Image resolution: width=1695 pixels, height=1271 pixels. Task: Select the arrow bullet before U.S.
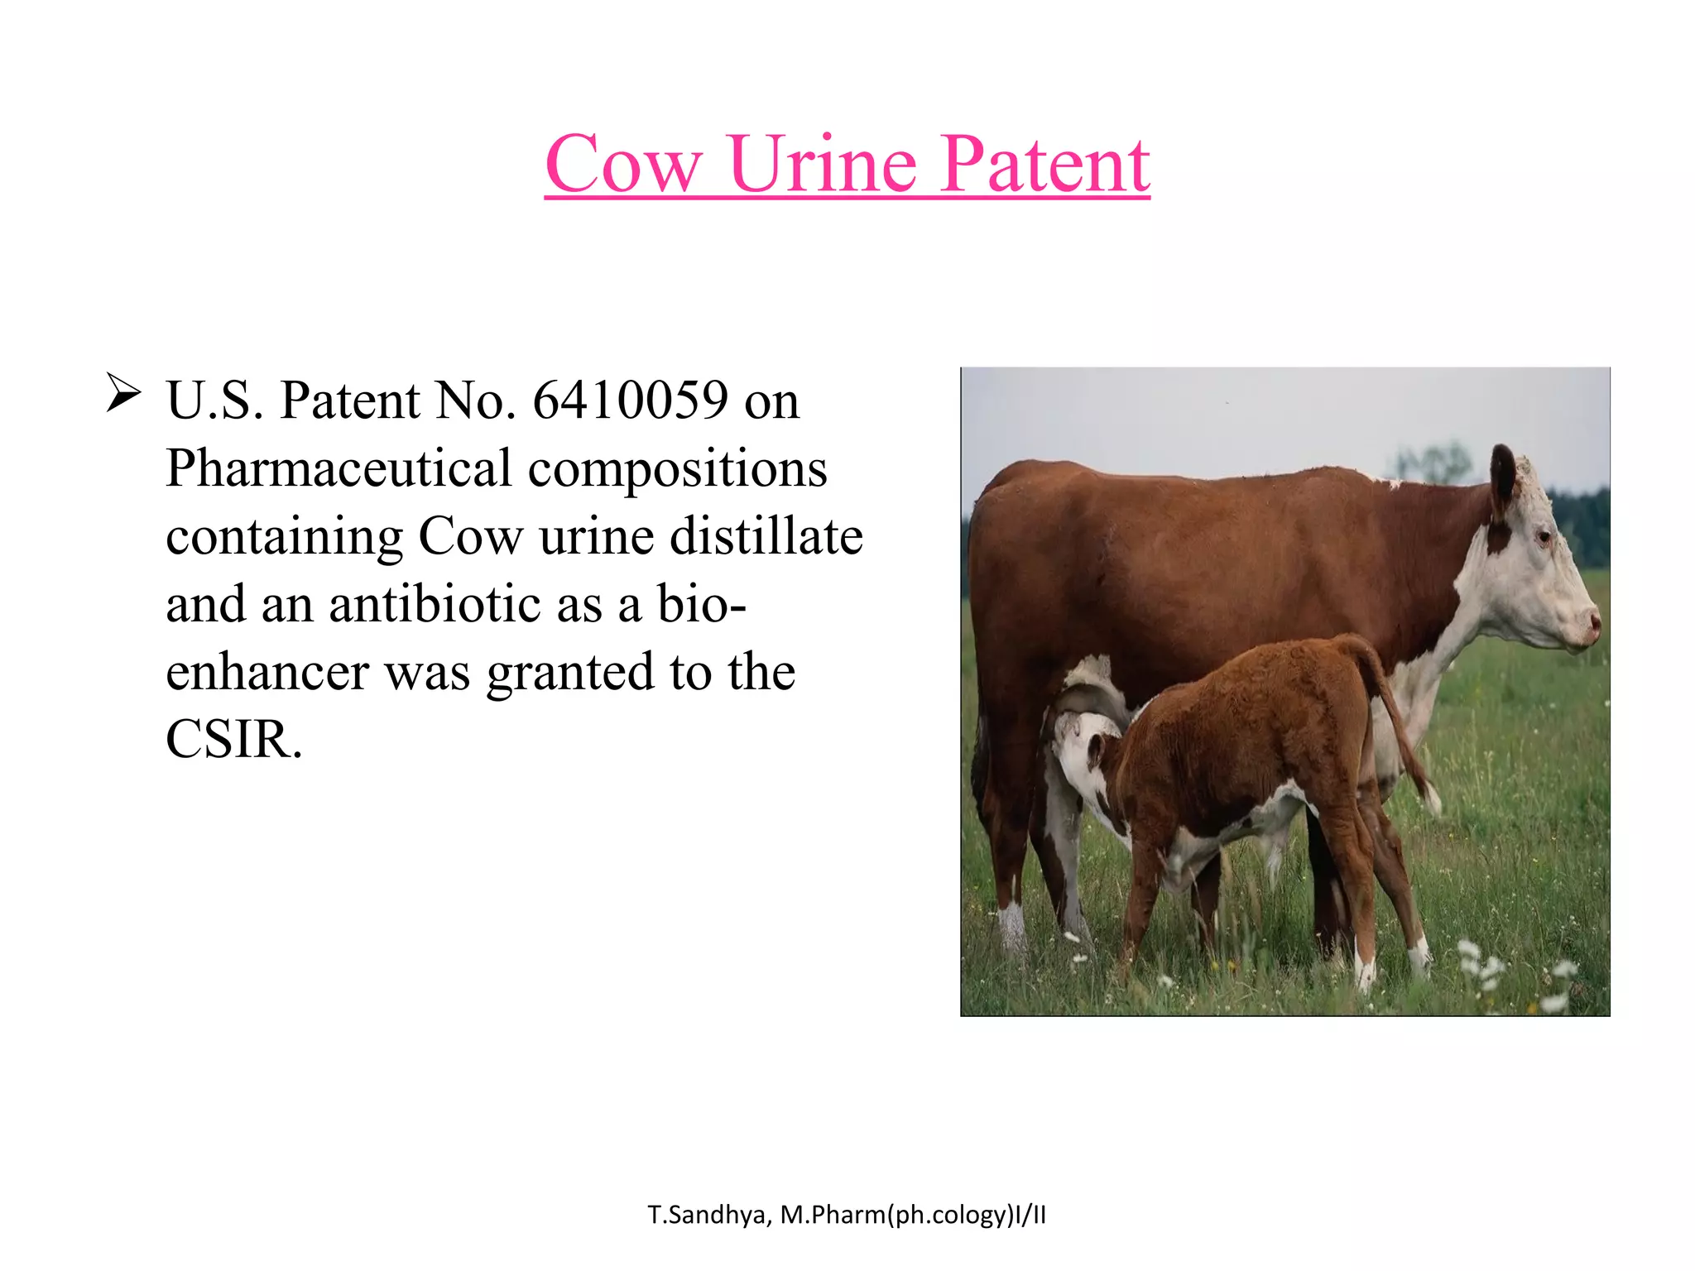coord(123,394)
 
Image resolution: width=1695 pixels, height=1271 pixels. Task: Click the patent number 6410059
coord(630,400)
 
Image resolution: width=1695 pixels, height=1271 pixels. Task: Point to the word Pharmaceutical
coord(339,468)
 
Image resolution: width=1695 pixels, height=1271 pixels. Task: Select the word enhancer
coord(267,672)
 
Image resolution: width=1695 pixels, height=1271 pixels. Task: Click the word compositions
coord(677,468)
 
